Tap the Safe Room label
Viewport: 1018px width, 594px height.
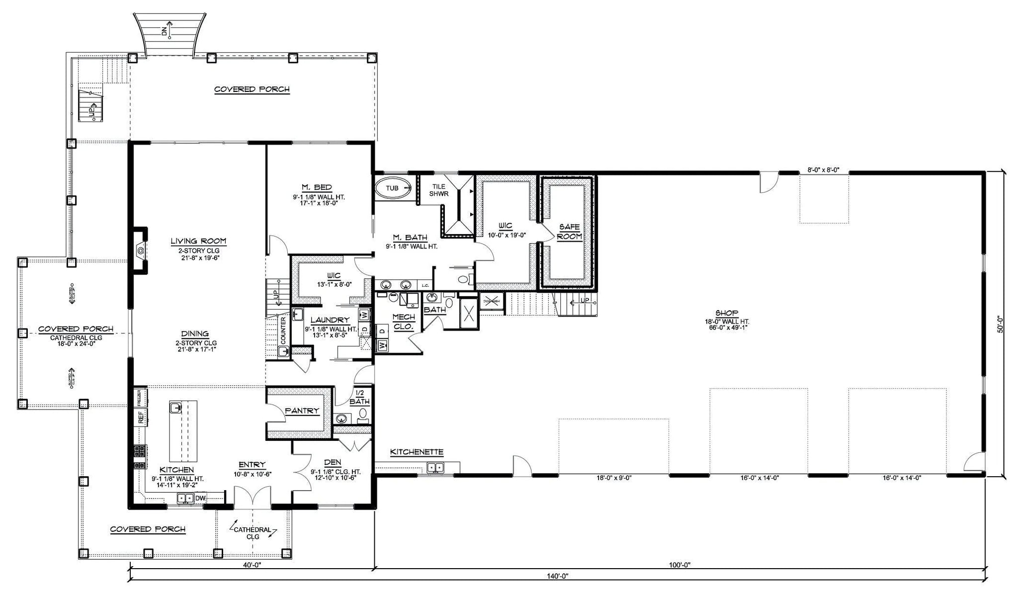(569, 232)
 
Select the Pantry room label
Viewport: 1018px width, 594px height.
(302, 411)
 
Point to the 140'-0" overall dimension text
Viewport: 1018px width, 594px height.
(558, 576)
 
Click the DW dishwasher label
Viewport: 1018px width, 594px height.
(200, 498)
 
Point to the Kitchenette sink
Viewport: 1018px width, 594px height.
(435, 467)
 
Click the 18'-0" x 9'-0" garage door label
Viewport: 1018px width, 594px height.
(614, 478)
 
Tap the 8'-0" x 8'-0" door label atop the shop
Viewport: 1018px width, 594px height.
(823, 170)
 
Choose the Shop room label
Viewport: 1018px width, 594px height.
(726, 313)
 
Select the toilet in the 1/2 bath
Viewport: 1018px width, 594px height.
(363, 414)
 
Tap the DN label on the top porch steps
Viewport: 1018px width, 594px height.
(164, 31)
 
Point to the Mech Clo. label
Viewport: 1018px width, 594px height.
(404, 322)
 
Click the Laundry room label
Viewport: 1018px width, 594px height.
(330, 320)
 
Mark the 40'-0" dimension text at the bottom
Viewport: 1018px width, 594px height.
(252, 565)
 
